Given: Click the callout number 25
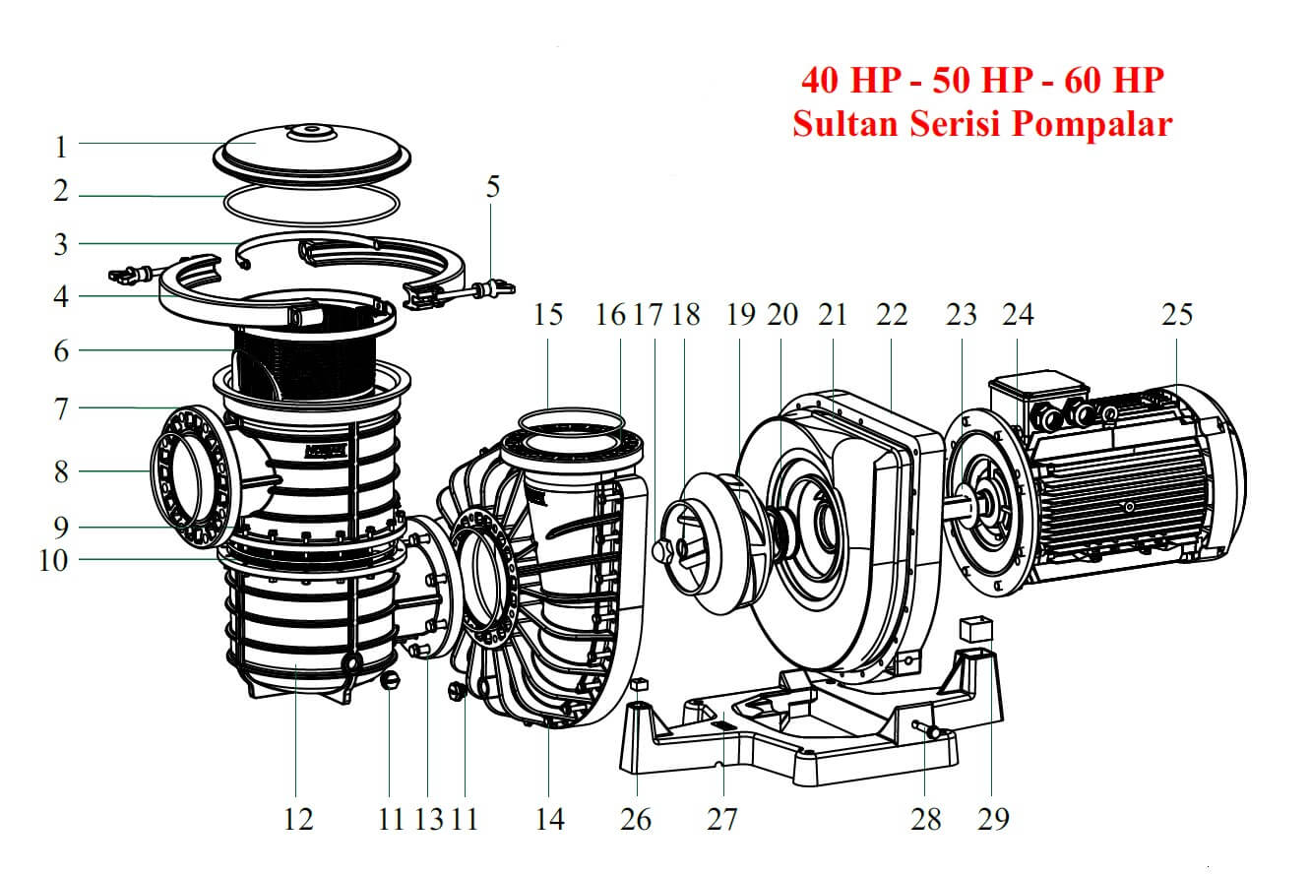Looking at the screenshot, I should click(1176, 315).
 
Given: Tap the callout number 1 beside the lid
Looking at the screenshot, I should click(61, 147).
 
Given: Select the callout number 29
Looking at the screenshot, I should click(994, 818).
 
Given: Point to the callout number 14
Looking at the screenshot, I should click(550, 818).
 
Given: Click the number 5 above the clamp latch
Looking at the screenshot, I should click(492, 187).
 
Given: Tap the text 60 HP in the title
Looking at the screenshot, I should click(1115, 80).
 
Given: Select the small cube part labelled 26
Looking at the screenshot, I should click(638, 683).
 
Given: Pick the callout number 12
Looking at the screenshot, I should click(298, 818).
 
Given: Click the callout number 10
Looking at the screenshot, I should click(53, 560).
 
